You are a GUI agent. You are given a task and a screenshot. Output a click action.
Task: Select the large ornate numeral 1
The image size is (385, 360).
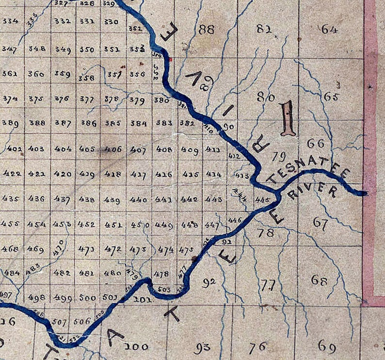click(x=288, y=118)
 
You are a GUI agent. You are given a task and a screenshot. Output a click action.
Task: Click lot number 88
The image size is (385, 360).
click(x=206, y=30)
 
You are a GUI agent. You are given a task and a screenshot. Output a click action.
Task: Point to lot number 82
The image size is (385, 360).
click(x=264, y=29)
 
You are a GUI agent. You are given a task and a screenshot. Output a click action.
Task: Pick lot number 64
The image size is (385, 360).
click(x=329, y=29)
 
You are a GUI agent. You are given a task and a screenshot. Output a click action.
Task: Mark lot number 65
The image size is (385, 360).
click(x=331, y=96)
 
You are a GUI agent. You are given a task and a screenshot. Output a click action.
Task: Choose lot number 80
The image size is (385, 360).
click(x=266, y=97)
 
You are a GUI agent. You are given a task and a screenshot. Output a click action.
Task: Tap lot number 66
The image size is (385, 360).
click(x=316, y=143)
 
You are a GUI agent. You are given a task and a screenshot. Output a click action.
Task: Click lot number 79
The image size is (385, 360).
click(x=278, y=156)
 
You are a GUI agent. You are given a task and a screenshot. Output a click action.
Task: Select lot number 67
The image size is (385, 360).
click(x=321, y=223)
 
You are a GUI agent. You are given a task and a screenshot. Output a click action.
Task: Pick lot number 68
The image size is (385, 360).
click(x=319, y=280)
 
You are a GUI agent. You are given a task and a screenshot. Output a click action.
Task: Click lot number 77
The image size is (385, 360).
click(x=268, y=284)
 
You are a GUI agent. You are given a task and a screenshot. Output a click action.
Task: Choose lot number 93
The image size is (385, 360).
click(x=202, y=346)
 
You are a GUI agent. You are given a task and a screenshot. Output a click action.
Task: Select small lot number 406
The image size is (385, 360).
click(x=113, y=149)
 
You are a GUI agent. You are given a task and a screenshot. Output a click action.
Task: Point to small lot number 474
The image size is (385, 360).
click(x=166, y=250)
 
